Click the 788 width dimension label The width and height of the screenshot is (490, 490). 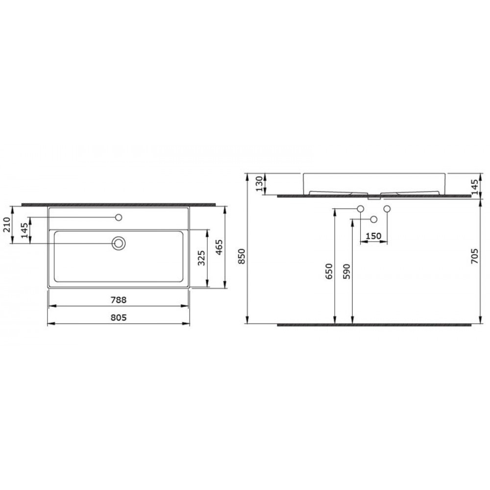(119, 299)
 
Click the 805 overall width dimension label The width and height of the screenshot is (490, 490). (119, 318)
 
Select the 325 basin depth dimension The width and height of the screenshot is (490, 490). (200, 257)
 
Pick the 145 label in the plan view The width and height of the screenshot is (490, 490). (24, 230)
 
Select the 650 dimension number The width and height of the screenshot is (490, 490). (329, 270)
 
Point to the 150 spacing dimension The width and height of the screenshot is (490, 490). (373, 236)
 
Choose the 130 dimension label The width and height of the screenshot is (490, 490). (259, 184)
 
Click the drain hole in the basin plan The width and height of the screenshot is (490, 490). (119, 243)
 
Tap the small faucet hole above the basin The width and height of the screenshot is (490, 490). (119, 217)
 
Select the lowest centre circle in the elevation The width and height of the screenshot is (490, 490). (374, 219)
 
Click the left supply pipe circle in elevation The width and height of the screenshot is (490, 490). (361, 209)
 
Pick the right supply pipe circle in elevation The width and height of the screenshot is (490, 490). (387, 209)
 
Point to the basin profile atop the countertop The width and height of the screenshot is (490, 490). (375, 184)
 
